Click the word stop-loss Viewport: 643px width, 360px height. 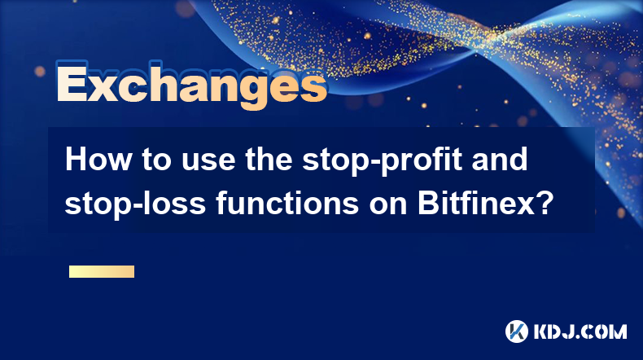[135, 203]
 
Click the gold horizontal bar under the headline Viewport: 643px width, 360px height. [102, 272]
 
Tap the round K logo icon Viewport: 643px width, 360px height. [517, 331]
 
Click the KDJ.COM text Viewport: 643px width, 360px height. [580, 331]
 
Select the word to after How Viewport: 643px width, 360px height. [156, 160]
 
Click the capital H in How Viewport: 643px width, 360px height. [77, 160]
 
